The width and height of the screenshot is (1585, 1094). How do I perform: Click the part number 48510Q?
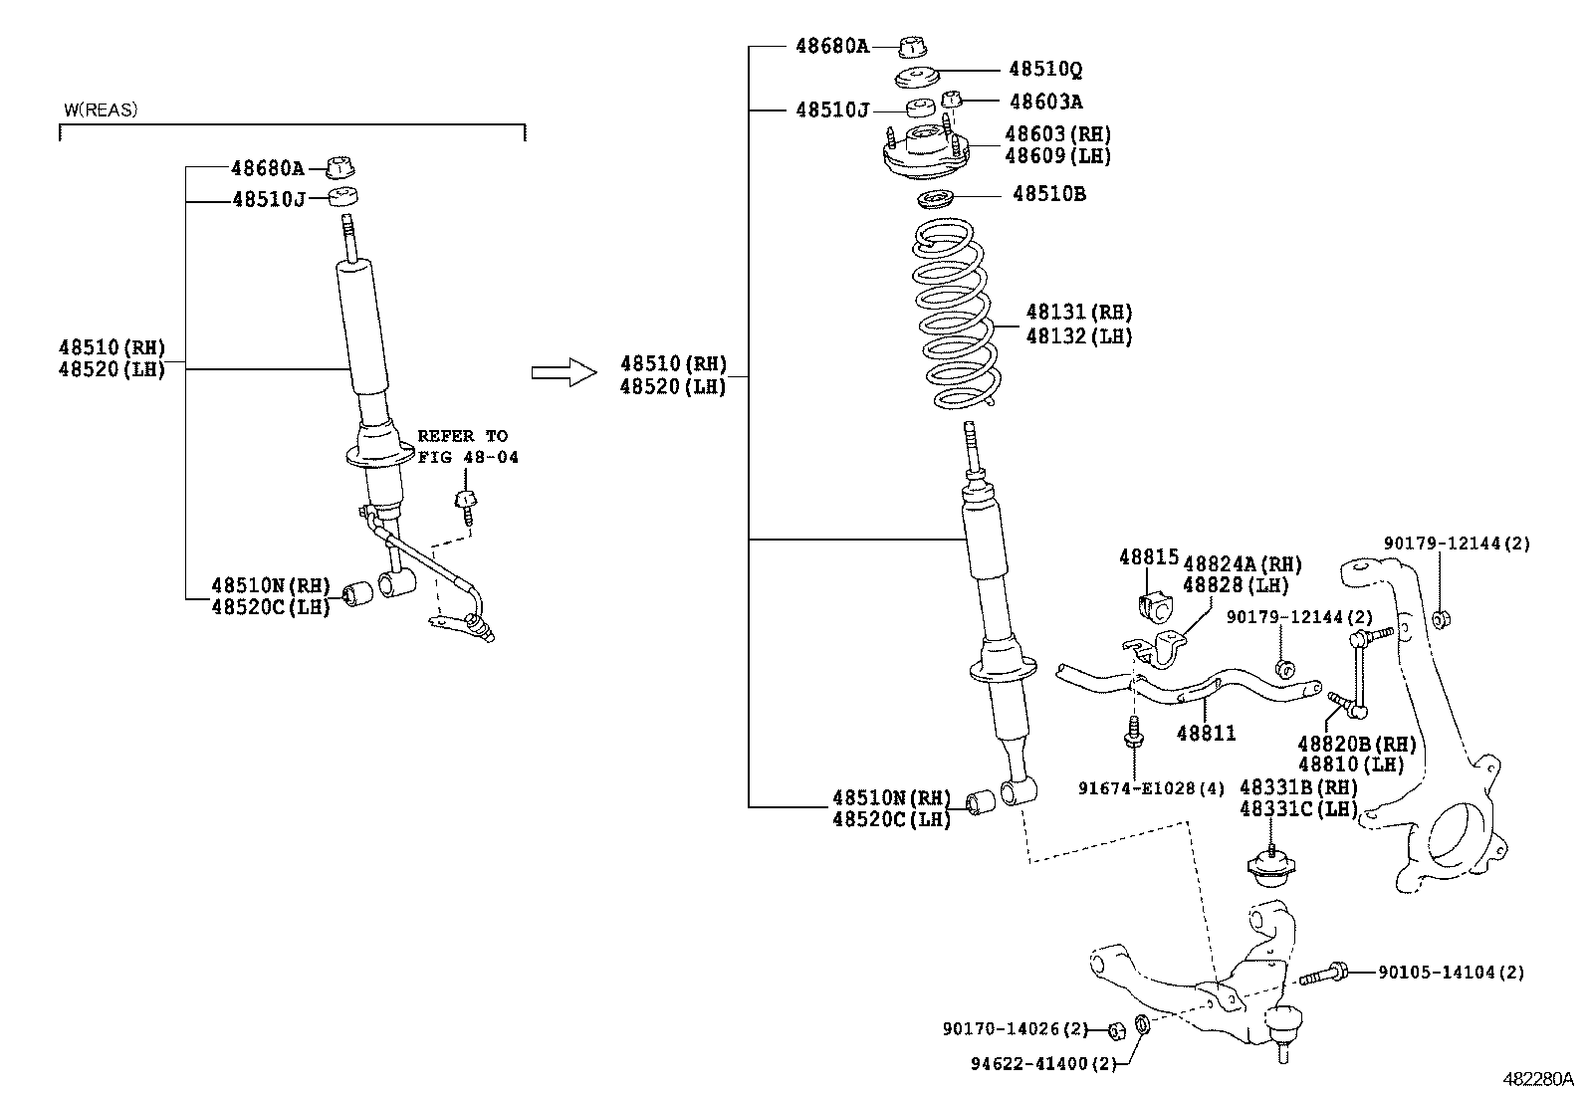[1045, 70]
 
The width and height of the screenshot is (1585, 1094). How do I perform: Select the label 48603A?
[1045, 102]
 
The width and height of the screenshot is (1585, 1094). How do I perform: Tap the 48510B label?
[1049, 194]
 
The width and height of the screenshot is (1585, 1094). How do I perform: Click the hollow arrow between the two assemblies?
[563, 372]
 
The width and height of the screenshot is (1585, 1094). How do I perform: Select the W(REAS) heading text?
[101, 110]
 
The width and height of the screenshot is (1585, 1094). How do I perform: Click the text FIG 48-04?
[468, 458]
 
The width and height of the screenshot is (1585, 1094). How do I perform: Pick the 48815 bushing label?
[1148, 557]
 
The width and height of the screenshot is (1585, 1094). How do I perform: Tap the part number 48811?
[1206, 734]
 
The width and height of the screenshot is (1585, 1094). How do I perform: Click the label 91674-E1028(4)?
[1150, 788]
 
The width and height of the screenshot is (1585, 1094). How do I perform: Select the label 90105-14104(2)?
[1451, 973]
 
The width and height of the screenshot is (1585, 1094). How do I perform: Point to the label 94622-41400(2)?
[1044, 1063]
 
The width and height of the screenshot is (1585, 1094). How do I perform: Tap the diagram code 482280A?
[1537, 1079]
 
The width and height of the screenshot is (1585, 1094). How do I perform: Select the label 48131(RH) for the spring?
[1079, 313]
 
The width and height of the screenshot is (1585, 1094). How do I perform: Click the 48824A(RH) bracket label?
[1242, 564]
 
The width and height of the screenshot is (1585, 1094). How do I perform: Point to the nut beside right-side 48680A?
[912, 46]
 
